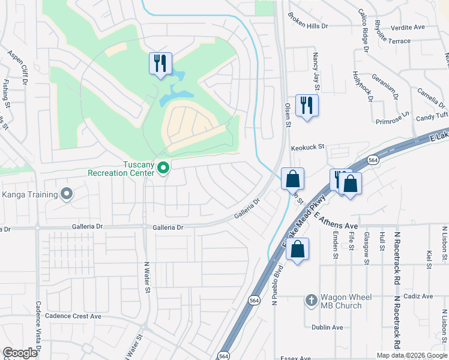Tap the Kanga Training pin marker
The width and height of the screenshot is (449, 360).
66,194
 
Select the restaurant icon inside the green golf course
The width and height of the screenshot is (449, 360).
160,63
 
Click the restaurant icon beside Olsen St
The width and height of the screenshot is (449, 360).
307,105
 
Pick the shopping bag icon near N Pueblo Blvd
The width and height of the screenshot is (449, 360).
297,248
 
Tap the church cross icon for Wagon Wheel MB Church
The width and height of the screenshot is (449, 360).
311,299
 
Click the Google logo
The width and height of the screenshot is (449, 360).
20,353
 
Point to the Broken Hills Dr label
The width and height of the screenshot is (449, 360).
309,26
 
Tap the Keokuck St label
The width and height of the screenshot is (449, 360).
307,146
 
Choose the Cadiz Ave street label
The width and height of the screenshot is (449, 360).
418,296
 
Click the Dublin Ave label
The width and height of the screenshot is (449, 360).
327,328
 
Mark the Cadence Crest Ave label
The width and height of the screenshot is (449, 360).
70,316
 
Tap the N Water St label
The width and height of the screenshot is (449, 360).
146,277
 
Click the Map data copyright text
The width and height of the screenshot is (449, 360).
412,355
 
